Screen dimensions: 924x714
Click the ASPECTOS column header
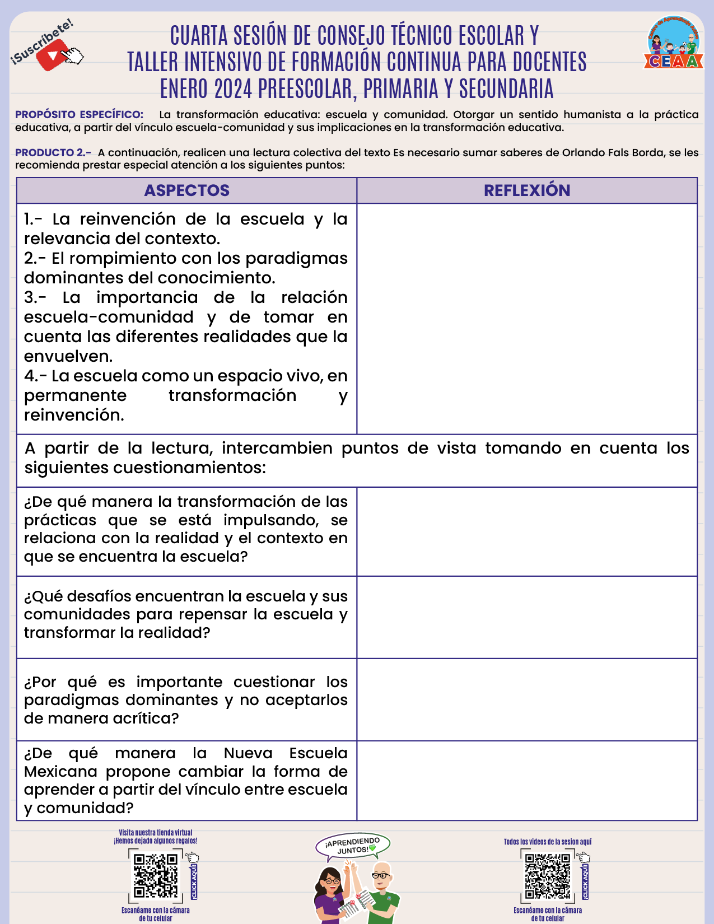pyautogui.click(x=186, y=190)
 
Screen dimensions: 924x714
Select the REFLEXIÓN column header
pyautogui.click(x=527, y=190)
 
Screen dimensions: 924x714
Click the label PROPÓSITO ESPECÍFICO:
pyautogui.click(x=80, y=115)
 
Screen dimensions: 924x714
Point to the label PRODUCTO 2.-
pyautogui.click(x=53, y=153)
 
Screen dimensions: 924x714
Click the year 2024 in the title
pyautogui.click(x=233, y=89)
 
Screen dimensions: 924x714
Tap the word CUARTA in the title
pyautogui.click(x=199, y=36)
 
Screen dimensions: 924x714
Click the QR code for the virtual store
pyautogui.click(x=156, y=875)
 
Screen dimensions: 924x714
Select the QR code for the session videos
pyautogui.click(x=548, y=876)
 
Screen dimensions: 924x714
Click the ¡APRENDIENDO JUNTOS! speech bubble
pyautogui.click(x=353, y=846)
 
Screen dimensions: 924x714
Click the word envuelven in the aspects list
pyautogui.click(x=68, y=356)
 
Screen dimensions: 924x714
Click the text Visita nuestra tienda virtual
pyautogui.click(x=156, y=833)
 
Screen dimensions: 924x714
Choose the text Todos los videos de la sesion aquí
pyautogui.click(x=548, y=842)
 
